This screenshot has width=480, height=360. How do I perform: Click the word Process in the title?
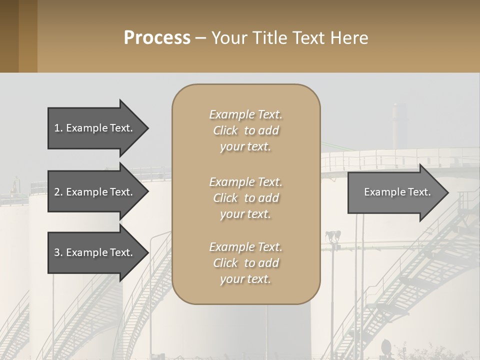pyautogui.click(x=157, y=38)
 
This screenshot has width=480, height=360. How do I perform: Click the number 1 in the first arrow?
pyautogui.click(x=56, y=128)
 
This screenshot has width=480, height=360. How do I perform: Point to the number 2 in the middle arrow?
pyautogui.click(x=57, y=192)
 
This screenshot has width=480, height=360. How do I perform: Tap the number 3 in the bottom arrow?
pyautogui.click(x=57, y=252)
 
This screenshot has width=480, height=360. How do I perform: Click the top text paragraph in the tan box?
pyautogui.click(x=245, y=130)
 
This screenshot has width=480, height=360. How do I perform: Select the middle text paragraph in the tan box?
pyautogui.click(x=245, y=198)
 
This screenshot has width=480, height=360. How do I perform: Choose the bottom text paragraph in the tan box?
pyautogui.click(x=245, y=263)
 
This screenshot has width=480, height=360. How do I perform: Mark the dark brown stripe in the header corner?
pyautogui.click(x=9, y=36)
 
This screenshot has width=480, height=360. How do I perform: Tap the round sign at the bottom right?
pyautogui.click(x=387, y=345)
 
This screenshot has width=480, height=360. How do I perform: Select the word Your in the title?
pyautogui.click(x=228, y=38)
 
